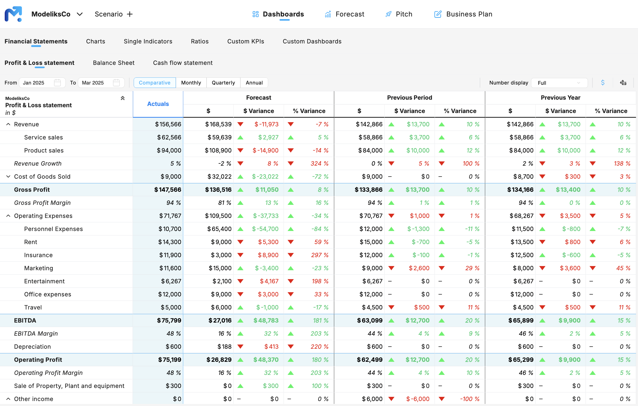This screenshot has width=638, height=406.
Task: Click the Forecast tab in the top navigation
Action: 344,14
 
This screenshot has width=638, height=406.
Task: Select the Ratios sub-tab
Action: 199,41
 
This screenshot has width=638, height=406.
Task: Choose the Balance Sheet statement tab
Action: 114,63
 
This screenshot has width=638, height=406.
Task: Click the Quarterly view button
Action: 223,83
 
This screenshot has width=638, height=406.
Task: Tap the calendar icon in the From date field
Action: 57,83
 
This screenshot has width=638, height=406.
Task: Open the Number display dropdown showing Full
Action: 559,83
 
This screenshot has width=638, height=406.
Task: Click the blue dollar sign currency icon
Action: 603,83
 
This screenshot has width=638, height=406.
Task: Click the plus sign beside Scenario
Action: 129,14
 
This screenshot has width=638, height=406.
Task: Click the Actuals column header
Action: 158,104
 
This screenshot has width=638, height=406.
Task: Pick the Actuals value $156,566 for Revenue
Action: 168,124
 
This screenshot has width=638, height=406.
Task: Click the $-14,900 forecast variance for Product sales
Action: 265,150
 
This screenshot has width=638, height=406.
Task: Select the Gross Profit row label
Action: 32,190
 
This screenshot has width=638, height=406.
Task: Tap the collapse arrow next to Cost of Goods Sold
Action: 8,176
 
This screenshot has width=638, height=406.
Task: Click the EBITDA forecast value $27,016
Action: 220,320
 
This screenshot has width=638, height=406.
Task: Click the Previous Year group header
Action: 560,98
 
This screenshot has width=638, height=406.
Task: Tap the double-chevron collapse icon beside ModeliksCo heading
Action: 123,98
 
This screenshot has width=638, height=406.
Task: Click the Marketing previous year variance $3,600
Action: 570,268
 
